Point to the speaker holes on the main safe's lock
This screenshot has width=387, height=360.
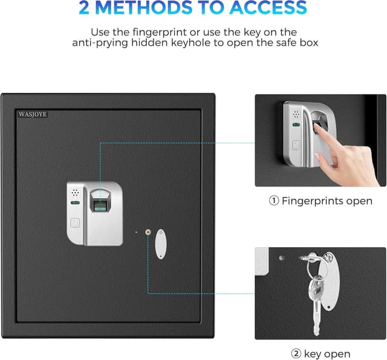75,193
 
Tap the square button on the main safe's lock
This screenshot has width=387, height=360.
74,222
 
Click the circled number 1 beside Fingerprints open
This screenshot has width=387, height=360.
274,201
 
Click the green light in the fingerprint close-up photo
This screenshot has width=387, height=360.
296,126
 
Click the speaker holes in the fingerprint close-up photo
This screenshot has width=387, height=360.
296,114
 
